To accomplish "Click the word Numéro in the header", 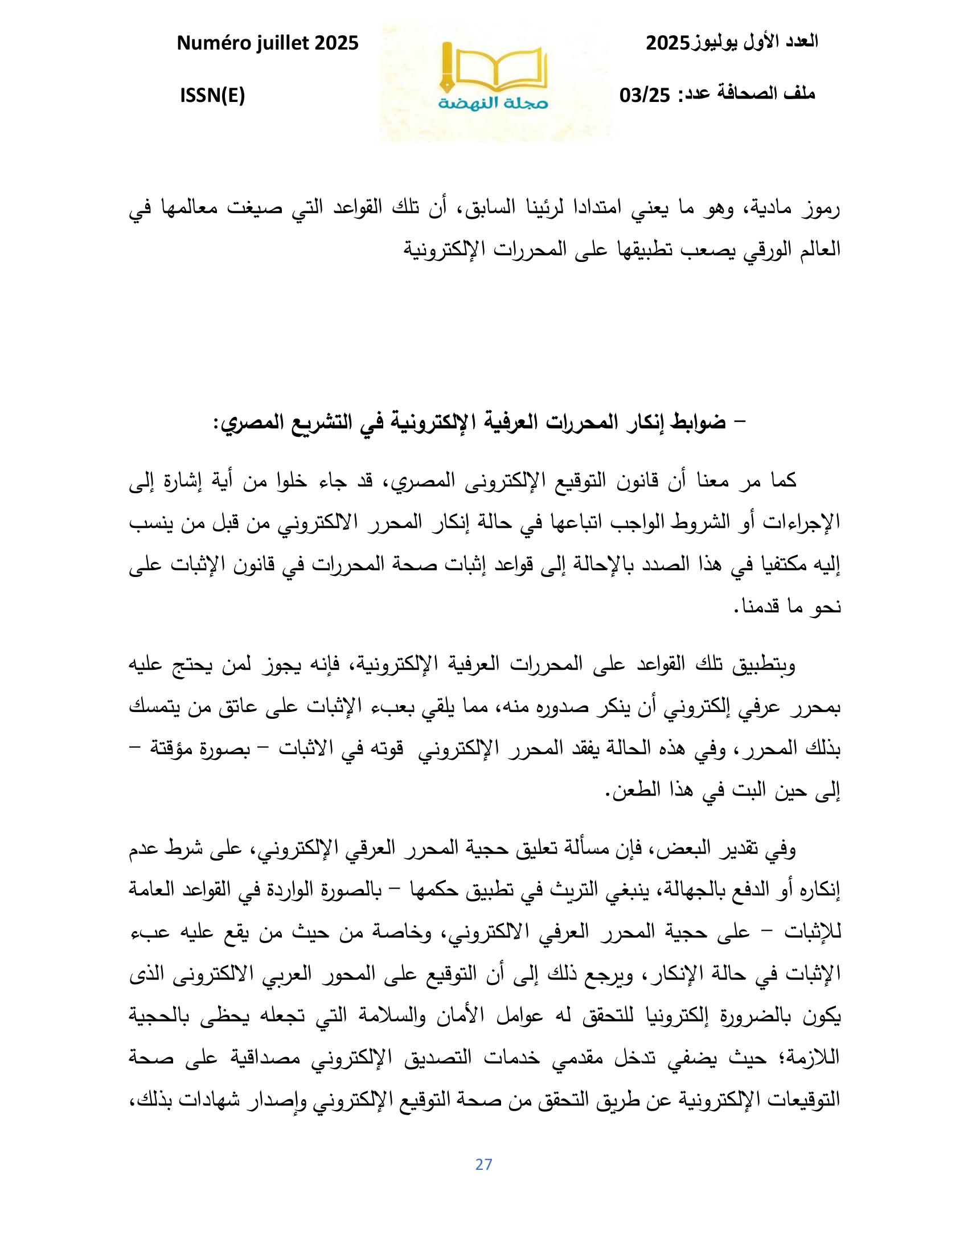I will pos(210,43).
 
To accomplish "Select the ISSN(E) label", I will pos(212,96).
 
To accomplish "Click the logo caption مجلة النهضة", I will pos(493,103).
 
